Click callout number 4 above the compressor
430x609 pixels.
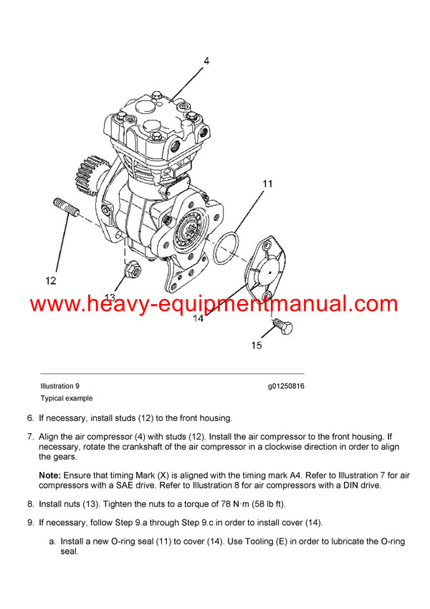(206, 62)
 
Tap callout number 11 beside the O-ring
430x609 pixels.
(267, 184)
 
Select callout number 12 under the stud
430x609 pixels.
(49, 280)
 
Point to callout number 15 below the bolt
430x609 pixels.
(256, 346)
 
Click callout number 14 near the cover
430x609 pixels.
(198, 318)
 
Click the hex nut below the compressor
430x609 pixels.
(132, 271)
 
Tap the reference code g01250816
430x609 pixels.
(287, 386)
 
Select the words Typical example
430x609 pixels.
(66, 398)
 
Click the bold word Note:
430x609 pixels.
(50, 476)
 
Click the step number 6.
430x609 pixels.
(30, 418)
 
